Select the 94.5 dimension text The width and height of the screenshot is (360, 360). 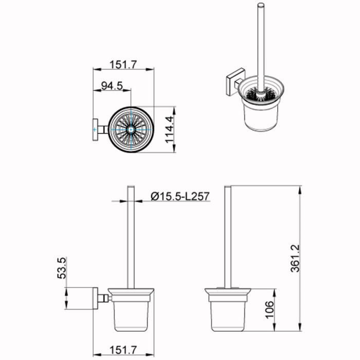(x=111, y=86)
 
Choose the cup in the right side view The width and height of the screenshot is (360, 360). (x=228, y=314)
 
